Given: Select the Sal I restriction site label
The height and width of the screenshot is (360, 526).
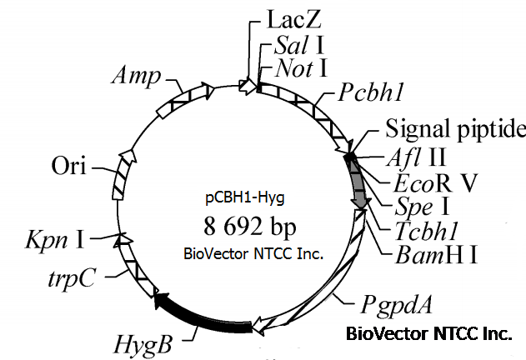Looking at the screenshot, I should click(292, 42).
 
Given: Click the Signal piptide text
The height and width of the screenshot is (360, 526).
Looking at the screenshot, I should click(454, 128).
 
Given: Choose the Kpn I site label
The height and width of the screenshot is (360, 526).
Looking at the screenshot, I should click(55, 242).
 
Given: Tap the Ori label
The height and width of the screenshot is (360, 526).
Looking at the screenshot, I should click(69, 163).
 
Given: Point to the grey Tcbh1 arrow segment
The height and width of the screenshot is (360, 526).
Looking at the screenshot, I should click(358, 180).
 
